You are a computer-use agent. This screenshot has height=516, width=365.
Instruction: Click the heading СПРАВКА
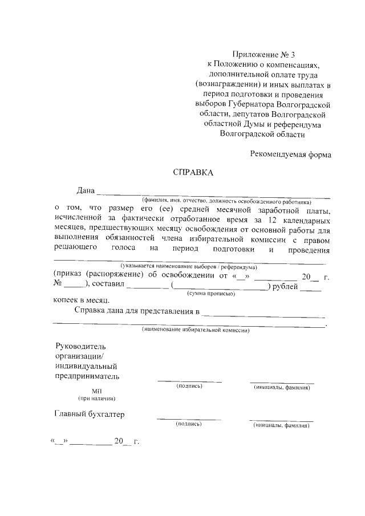193,173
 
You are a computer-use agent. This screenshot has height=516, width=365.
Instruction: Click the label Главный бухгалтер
90,414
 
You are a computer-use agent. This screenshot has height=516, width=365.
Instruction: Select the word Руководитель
80,346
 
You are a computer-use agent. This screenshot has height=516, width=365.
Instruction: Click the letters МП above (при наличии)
96,391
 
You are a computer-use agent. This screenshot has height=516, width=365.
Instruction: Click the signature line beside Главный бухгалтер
189,419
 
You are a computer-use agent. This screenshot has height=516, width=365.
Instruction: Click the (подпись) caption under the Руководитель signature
189,387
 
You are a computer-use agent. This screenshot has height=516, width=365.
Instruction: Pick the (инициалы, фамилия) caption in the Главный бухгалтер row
281,426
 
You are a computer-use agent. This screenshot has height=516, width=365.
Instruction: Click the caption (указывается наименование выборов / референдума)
188,267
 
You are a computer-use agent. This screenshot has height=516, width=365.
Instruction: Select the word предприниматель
87,376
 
